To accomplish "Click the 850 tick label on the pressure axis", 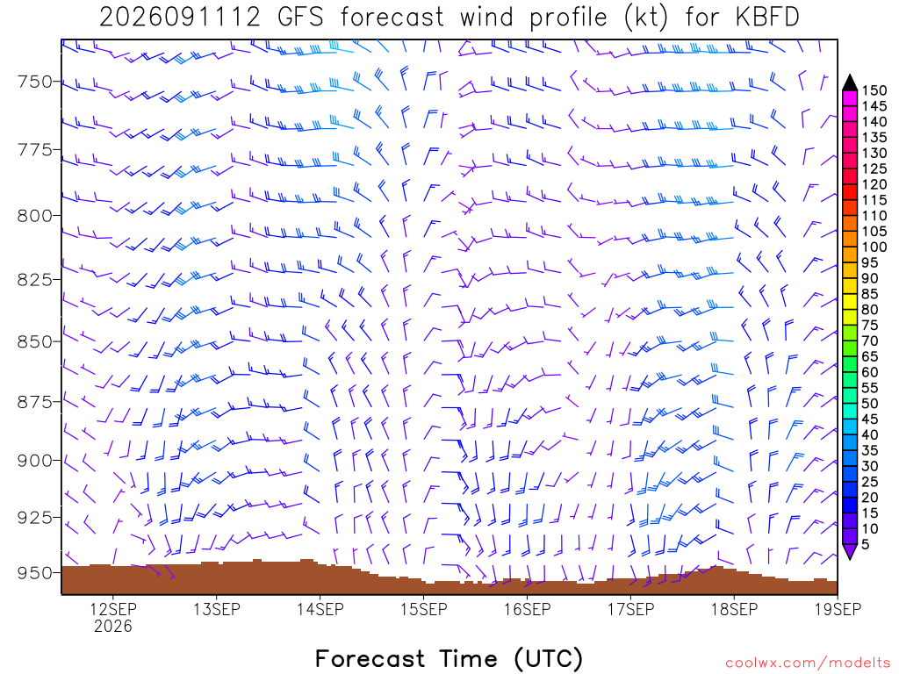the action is tap(34, 341).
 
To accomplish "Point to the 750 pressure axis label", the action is tap(34, 82).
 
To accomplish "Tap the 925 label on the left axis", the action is tap(34, 518).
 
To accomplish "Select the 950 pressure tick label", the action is tap(34, 573).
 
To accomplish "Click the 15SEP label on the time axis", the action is tap(424, 609).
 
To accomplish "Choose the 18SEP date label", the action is tap(735, 609).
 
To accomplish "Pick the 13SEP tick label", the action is tap(216, 609).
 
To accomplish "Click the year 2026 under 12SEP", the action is tap(113, 627).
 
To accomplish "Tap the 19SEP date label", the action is tap(838, 609).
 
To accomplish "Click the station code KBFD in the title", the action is tap(766, 18).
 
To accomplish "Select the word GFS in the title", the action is tap(300, 18).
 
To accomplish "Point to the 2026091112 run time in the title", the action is tap(180, 18).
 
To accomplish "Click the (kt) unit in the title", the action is tap(645, 18).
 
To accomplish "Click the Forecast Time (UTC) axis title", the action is tap(449, 658).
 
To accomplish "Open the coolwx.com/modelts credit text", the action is tap(808, 663).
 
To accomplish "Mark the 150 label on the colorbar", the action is tap(874, 90).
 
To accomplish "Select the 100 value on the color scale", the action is tap(874, 247).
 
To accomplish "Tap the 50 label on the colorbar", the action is tap(870, 404).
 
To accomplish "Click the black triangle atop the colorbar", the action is tap(850, 83).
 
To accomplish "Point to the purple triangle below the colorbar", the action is tap(850, 551).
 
